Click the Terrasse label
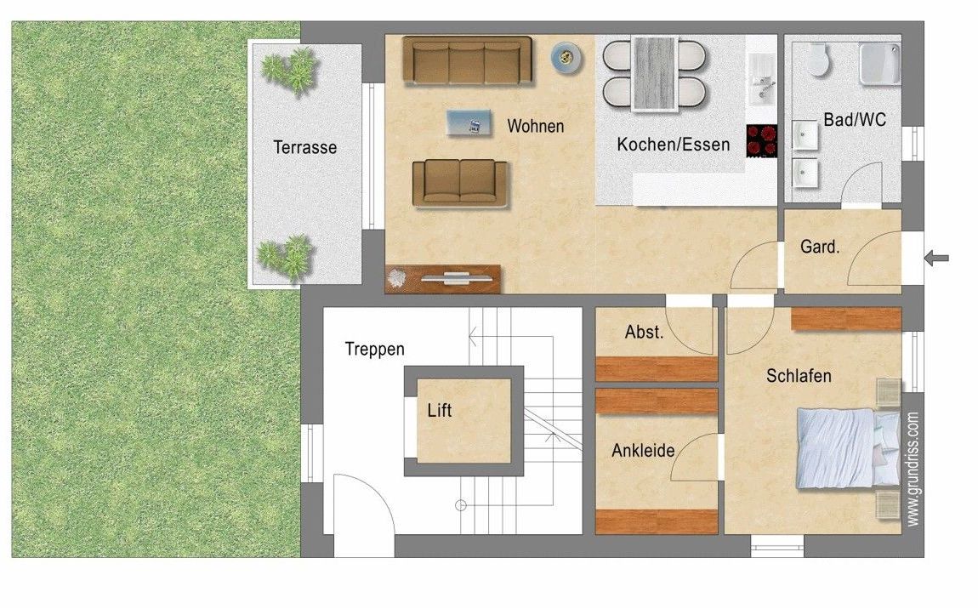tap(304, 147)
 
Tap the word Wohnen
tap(535, 126)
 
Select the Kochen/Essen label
tap(673, 145)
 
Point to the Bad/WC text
tap(854, 120)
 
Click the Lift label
tap(440, 411)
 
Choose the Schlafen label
tap(798, 375)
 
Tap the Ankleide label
tap(642, 451)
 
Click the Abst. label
tap(644, 333)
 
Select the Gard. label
tap(820, 248)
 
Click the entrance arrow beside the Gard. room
tap(936, 258)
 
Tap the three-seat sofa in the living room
tap(467, 60)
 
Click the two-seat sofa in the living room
tap(459, 182)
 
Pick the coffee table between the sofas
tap(469, 124)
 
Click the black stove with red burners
tap(761, 140)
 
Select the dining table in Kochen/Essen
tap(654, 73)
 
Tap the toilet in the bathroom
tap(818, 59)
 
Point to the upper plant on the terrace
tap(289, 70)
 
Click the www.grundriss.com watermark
tap(912, 469)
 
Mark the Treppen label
tap(374, 349)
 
